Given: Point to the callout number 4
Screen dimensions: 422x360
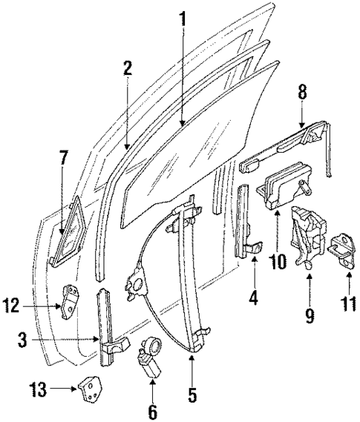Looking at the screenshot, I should pos(255,301).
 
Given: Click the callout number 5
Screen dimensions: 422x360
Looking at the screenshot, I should pos(192,396).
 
